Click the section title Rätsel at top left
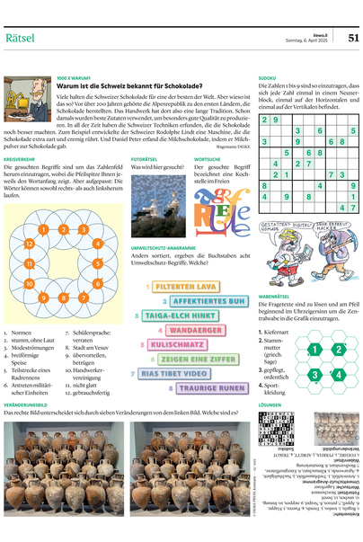pyautogui.click(x=20, y=37)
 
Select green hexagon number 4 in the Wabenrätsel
pyautogui.click(x=341, y=373)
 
